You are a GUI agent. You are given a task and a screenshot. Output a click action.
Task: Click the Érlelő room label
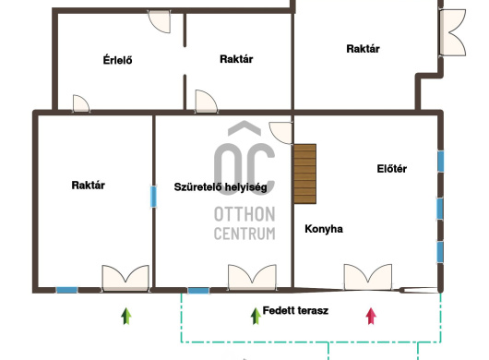pos(117,60)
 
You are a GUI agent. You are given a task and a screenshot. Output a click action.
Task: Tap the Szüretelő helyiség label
pos(221,186)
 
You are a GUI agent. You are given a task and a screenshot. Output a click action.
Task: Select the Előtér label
pos(392,169)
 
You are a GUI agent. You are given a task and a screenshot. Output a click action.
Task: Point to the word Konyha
pos(324,229)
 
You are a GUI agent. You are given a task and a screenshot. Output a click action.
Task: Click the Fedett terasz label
pos(295,310)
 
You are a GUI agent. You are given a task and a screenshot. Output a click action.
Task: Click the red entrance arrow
pos(371,316)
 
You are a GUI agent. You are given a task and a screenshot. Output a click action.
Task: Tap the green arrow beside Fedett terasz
pos(256,316)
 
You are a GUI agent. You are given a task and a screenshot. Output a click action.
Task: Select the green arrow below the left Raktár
pos(126,316)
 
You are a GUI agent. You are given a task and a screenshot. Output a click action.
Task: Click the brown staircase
pos(305,174)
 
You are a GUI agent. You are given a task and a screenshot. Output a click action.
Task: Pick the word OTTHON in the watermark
pos(244,214)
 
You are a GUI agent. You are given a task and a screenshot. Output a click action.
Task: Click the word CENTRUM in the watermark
pos(244,234)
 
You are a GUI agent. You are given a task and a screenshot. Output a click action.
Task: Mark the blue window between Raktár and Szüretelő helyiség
pos(153,197)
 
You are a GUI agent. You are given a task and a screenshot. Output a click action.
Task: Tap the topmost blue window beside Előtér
pos(440,162)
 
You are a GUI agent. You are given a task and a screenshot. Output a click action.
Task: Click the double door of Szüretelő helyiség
pos(252,278)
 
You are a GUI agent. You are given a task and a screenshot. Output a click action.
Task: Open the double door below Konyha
pos(368,277)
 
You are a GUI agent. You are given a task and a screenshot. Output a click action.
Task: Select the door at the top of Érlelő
pos(160,21)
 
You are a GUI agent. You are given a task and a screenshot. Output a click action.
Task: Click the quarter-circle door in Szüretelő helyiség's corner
pos(280,133)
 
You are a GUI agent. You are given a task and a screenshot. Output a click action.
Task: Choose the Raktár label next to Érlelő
pos(236,59)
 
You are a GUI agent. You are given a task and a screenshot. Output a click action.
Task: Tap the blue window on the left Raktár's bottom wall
pos(66,290)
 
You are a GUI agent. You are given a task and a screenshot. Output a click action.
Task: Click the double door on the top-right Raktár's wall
pos(452,32)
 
